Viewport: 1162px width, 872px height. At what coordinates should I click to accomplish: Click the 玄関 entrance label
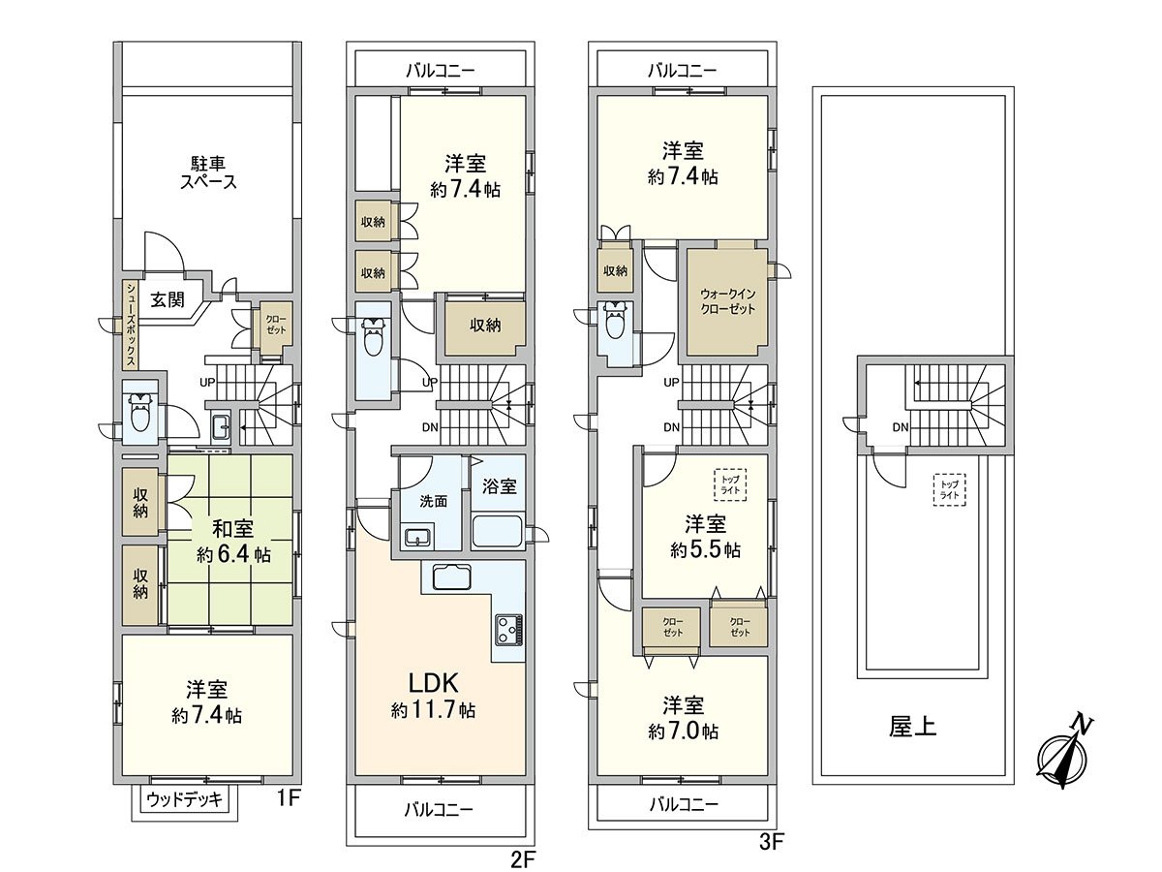pos(168,300)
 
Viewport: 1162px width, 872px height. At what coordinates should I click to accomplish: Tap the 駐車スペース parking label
pos(208,172)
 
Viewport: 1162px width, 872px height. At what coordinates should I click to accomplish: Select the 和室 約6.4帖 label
pos(233,541)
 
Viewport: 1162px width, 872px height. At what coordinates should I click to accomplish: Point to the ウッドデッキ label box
pos(184,799)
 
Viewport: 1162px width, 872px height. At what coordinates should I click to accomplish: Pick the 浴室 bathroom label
pos(499,486)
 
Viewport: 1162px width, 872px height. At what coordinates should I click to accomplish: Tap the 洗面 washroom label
pos(434,501)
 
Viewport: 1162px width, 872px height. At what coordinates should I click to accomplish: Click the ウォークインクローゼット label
pos(727,301)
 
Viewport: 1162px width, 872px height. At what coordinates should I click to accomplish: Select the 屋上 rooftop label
pos(912,727)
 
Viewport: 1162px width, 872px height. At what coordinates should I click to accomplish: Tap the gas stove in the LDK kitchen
pos(508,630)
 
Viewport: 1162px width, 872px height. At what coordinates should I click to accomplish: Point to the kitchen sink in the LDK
pos(451,577)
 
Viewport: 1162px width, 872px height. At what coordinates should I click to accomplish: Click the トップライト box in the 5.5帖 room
pos(730,484)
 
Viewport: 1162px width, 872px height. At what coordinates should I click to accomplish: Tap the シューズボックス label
pos(130,326)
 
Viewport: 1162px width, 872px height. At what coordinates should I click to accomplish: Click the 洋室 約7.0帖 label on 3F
pos(683,719)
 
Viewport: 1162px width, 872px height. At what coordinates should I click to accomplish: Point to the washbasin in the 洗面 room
pos(419,537)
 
